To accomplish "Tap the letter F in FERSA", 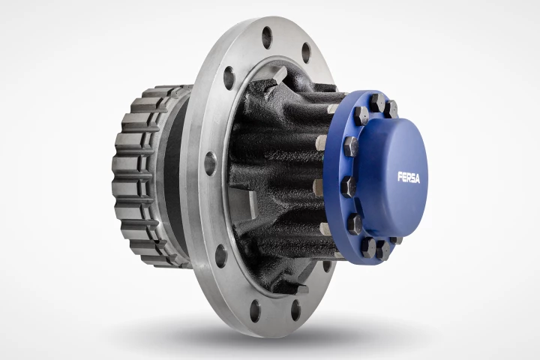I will pyautogui.click(x=400, y=178).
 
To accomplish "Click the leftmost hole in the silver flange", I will pyautogui.click(x=211, y=163).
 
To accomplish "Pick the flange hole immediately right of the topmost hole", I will pyautogui.click(x=305, y=52).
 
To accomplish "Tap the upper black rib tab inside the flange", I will pyautogui.click(x=279, y=75).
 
